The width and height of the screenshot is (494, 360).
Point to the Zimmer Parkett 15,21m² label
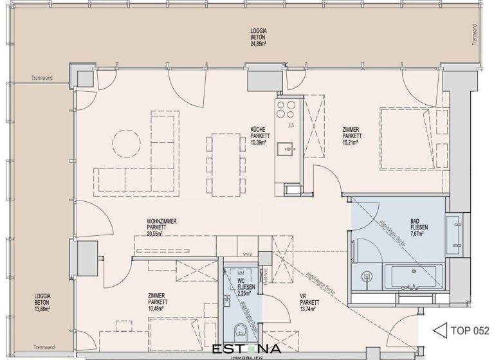pyautogui.click(x=352, y=136)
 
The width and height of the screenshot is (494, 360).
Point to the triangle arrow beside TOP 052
pyautogui.click(x=440, y=331)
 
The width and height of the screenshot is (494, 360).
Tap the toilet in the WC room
pyautogui.click(x=240, y=330)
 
